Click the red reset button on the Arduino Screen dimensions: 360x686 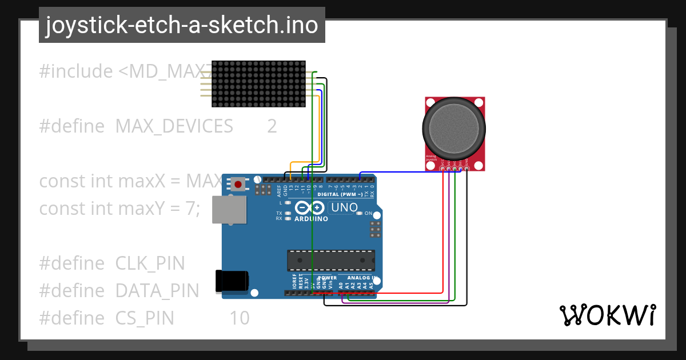tap(238, 184)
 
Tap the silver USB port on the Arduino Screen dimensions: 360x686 tap(229, 210)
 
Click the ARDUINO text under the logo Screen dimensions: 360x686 tap(311, 219)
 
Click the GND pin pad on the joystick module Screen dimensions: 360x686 tap(467, 167)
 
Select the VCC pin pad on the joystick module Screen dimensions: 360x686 tap(443, 167)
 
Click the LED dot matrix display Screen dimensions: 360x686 tap(258, 83)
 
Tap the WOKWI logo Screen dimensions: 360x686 tap(607, 315)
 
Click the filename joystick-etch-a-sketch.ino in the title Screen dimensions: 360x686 tap(182, 25)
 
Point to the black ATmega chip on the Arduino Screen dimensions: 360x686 tap(331, 260)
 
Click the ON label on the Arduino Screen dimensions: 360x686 tap(369, 214)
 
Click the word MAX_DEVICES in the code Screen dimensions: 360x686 tap(174, 126)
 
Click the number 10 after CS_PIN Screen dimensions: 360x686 tap(240, 317)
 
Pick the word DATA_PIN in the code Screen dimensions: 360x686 tap(157, 290)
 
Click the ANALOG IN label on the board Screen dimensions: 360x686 tap(362, 278)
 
